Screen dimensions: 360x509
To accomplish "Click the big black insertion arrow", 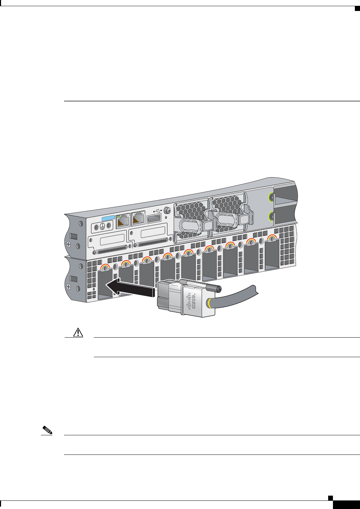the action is point(129,288).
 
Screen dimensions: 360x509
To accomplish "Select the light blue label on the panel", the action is point(108,218).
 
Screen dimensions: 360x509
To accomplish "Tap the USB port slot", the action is point(154,219).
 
